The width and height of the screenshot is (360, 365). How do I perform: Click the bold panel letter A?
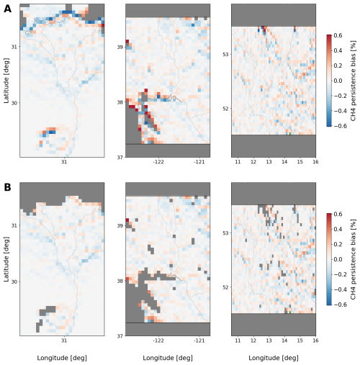pos(7,9)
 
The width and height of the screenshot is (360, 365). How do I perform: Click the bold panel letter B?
pos(7,187)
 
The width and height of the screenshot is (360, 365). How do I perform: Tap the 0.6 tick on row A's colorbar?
pos(338,35)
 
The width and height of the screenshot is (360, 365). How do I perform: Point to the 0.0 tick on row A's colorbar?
pos(338,81)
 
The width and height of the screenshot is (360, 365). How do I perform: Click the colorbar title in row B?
pos(353,259)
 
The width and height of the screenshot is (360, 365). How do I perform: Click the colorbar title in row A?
pos(353,81)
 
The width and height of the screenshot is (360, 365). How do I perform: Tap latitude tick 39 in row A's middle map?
pos(120,47)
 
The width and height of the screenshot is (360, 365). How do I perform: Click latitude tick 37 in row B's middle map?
pos(120,336)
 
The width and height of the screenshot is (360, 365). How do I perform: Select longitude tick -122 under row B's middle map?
pos(158,341)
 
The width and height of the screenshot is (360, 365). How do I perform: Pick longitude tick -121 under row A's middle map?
pos(199,162)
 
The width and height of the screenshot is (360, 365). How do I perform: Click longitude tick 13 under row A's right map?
pos(269,162)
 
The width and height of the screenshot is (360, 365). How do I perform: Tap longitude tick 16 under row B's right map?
pos(315,341)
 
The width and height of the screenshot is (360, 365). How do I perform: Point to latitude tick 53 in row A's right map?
pos(226,54)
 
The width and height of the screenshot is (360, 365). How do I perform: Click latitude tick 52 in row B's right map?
pos(226,287)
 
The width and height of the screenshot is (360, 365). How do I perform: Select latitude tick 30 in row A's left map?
pos(14,103)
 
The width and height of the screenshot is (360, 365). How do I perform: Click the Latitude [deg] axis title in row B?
pos(6,259)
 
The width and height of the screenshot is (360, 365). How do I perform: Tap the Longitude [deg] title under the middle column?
pos(168,358)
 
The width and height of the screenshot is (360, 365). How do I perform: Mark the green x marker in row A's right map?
pos(290,134)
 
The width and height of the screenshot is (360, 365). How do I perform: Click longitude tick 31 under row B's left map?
pos(64,341)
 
